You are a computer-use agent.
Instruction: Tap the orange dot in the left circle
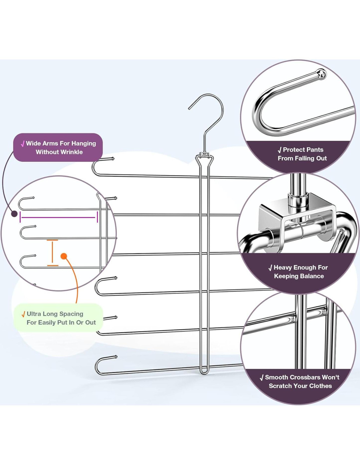[64, 256]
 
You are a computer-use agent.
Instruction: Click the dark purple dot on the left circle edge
[14, 214]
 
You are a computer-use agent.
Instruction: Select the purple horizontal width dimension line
[59, 217]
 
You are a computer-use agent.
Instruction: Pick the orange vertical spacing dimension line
[52, 253]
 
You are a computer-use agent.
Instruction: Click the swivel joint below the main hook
[204, 154]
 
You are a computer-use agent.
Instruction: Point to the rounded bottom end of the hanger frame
[204, 372]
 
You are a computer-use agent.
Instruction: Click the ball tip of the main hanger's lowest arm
[116, 357]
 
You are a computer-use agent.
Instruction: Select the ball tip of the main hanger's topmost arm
[113, 159]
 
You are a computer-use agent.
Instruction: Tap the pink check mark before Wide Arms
[23, 144]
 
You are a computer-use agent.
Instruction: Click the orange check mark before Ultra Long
[23, 315]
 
